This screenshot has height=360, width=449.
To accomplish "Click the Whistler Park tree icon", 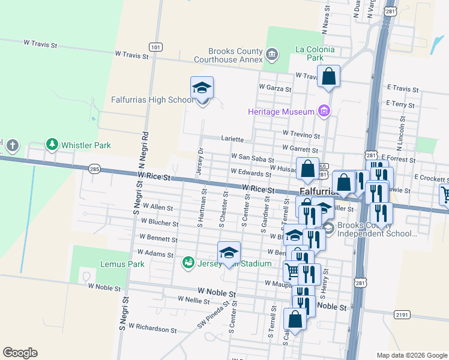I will pyautogui.click(x=53, y=145).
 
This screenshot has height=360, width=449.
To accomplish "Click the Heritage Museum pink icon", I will pyautogui.click(x=324, y=112).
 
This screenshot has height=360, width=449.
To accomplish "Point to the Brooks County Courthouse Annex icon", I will pyautogui.click(x=272, y=55).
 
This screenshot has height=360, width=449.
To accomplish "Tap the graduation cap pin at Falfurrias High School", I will pyautogui.click(x=202, y=88).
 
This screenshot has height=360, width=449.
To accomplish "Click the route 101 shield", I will pyautogui.click(x=155, y=47).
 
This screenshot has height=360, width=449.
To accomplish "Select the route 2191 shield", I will pyautogui.click(x=402, y=314).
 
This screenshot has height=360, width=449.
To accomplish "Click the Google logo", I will pyautogui.click(x=20, y=353).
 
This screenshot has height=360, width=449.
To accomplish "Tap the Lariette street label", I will pyautogui.click(x=232, y=139).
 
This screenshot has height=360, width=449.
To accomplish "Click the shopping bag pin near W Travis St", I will pyautogui.click(x=328, y=77).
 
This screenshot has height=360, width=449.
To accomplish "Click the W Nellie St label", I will pyautogui.click(x=193, y=299).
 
